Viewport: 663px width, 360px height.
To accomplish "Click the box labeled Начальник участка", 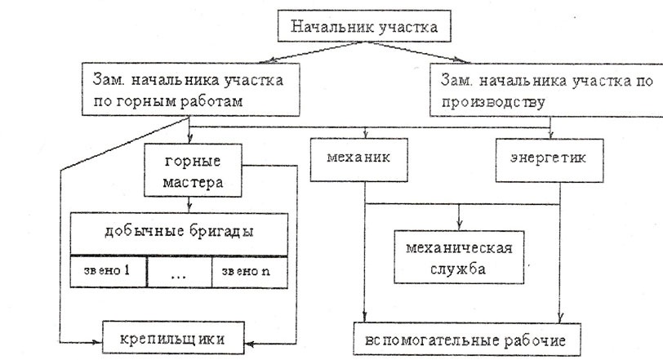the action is [364, 26].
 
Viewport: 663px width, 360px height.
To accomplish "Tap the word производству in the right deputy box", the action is [493, 102].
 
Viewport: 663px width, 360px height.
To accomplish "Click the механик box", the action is [359, 160].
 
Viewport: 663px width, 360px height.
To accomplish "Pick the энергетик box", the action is [550, 161].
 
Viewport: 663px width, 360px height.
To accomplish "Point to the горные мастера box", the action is [193, 171].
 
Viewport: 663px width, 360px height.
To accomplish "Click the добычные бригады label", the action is [179, 232].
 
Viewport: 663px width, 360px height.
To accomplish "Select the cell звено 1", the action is [109, 271].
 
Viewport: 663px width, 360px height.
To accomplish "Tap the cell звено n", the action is [250, 272].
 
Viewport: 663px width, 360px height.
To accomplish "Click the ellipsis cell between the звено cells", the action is [179, 272].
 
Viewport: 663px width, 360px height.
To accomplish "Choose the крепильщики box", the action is [173, 338].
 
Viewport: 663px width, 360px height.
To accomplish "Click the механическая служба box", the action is [459, 257].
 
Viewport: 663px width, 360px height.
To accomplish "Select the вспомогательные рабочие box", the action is [467, 340].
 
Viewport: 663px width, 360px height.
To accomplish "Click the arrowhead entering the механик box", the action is [366, 135].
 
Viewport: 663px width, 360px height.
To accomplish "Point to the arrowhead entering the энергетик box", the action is [550, 135].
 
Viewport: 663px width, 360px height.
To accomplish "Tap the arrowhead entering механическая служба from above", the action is [459, 225].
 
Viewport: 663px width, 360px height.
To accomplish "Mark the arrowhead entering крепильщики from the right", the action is [249, 344].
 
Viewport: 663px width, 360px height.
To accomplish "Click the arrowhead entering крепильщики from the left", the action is [98, 342].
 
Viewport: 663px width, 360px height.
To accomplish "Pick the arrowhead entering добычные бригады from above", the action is [189, 207].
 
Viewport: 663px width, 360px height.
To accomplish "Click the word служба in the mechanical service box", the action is [457, 269].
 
